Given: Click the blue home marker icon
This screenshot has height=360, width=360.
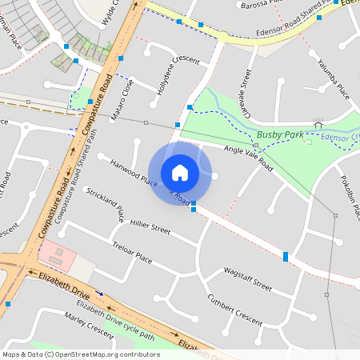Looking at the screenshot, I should pos(180,173).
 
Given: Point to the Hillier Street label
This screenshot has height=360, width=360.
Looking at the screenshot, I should pos(150,227).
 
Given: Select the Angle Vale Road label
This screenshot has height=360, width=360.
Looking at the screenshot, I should pos(248,158).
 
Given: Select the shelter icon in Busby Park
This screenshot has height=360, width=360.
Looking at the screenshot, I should pos(318,124).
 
